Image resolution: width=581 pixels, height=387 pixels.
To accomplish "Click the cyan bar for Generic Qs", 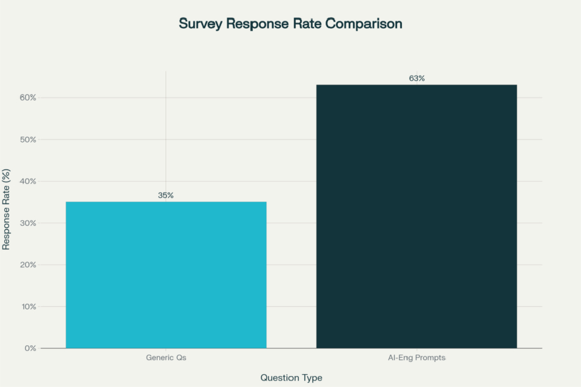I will (166, 275).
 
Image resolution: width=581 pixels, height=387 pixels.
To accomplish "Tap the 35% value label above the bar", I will (166, 195).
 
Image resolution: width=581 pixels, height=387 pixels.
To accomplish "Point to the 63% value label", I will (417, 78).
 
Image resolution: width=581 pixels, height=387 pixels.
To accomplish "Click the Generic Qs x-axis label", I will (166, 358).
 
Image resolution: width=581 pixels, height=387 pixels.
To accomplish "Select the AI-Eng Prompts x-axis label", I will (417, 358).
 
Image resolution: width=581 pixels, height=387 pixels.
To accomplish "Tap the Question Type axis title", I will (291, 378).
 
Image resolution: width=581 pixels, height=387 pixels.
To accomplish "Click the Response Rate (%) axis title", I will (7, 210).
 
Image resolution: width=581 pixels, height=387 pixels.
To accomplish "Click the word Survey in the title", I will (200, 24).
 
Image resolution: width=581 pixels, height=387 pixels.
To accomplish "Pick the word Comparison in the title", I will (364, 24).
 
